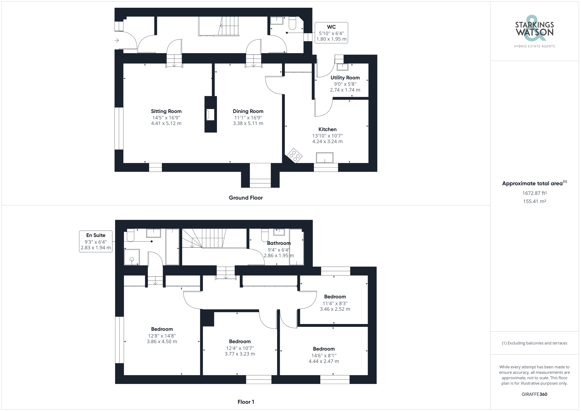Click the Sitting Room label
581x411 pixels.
point(166,111)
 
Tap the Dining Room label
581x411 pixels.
point(248,111)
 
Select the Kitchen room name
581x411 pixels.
point(327,129)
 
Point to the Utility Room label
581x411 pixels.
point(345,78)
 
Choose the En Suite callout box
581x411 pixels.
point(96,241)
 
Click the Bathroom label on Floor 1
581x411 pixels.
point(279,243)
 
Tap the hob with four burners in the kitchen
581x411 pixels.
point(294,155)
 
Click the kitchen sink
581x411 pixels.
point(325,158)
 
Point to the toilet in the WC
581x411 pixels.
point(292,23)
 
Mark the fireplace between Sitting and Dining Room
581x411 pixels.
point(210,115)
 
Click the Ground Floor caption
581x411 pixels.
point(246,198)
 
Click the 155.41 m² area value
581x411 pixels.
point(534,201)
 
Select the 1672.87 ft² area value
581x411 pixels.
point(534,193)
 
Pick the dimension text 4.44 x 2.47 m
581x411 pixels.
point(324,361)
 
